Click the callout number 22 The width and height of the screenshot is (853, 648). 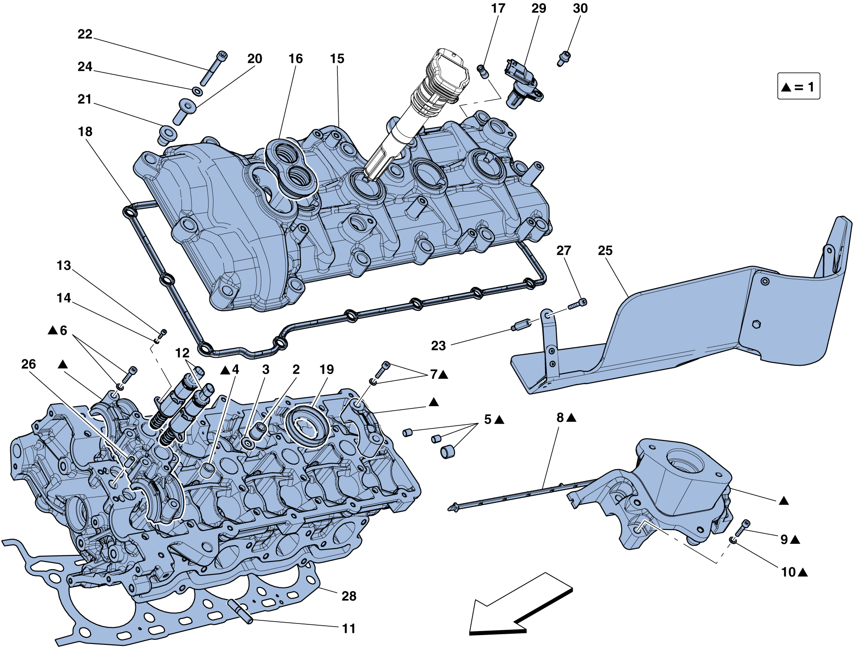coord(85,34)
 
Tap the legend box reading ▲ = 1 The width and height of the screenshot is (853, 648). coord(798,86)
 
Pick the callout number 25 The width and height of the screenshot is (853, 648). coord(605,251)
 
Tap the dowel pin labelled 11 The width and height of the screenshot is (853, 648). coord(241,611)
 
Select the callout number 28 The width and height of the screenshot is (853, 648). coord(349,596)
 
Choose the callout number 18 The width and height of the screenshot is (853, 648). coord(85,132)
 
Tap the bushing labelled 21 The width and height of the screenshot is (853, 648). coord(168,134)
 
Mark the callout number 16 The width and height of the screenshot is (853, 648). coord(295,59)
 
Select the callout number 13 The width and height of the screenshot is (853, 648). coord(64,265)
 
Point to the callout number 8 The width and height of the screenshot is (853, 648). coord(560,418)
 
